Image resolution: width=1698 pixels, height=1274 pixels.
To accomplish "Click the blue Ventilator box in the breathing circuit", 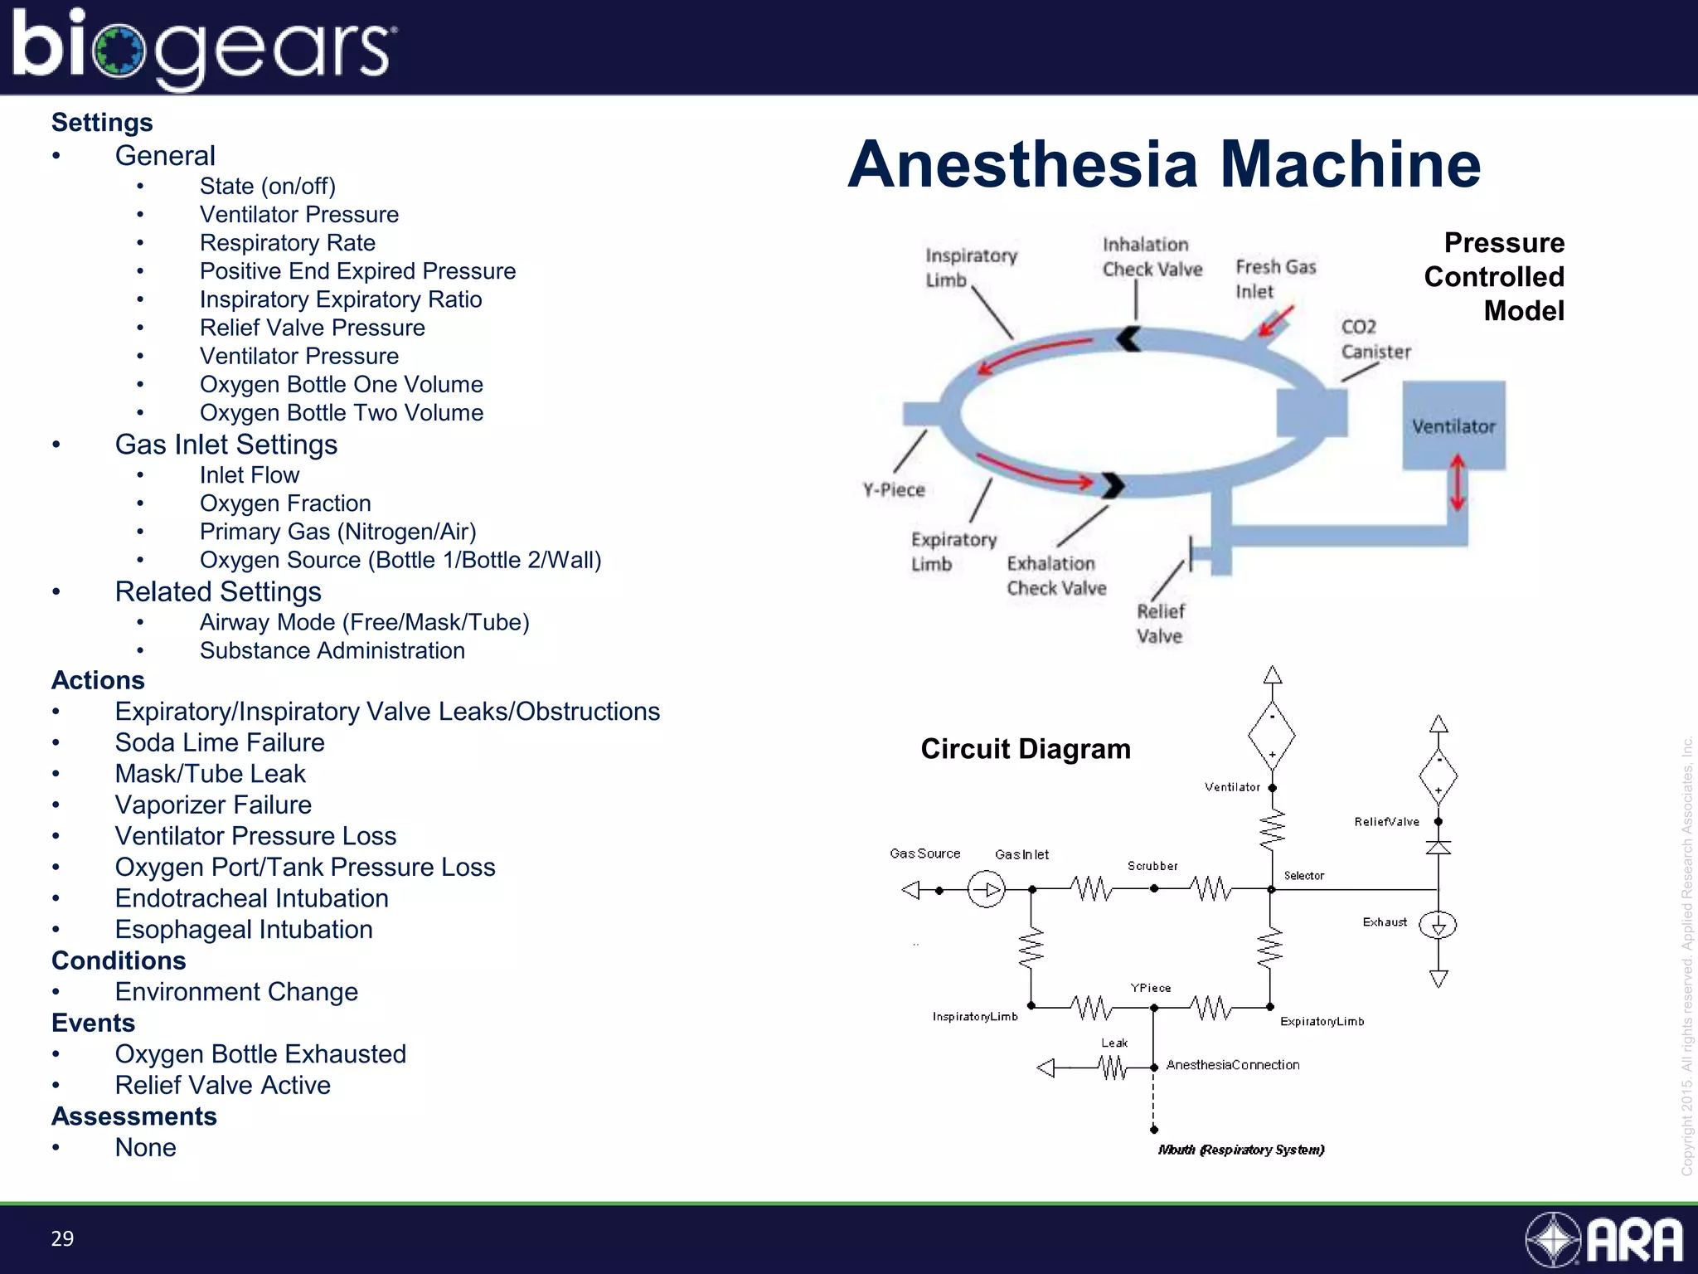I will tap(1453, 425).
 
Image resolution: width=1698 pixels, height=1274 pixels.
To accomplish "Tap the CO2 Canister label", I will tap(1375, 339).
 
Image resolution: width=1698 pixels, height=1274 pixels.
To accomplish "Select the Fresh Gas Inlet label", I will tap(1275, 279).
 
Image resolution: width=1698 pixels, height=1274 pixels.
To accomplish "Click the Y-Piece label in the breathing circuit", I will tap(893, 489).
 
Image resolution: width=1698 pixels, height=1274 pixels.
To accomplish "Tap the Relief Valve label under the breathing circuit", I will tap(1159, 624).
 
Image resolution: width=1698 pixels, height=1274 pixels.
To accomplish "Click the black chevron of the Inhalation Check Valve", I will tap(1128, 338).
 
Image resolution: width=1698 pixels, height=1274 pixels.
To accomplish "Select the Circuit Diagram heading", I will tap(1025, 749).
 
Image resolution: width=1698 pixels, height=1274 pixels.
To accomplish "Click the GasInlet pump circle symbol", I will tap(986, 890).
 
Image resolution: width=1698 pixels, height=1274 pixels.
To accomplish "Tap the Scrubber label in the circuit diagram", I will tap(1152, 866).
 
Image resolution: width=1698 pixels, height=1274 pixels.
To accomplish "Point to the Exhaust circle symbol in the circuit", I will tap(1438, 925).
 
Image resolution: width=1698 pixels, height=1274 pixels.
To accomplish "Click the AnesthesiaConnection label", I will tap(1232, 1065).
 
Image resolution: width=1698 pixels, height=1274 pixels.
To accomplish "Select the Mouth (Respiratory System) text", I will tap(1240, 1150).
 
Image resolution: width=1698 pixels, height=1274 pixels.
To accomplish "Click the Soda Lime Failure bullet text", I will tap(219, 742).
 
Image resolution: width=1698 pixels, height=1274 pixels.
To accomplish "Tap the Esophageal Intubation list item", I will tap(243, 929).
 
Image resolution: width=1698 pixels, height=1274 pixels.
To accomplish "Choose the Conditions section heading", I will tap(119, 960).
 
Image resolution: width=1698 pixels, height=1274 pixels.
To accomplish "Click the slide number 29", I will tap(62, 1238).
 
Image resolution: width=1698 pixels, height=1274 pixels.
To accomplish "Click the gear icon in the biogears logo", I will tap(119, 51).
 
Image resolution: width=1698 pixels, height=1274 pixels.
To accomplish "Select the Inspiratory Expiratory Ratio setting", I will tap(340, 299).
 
